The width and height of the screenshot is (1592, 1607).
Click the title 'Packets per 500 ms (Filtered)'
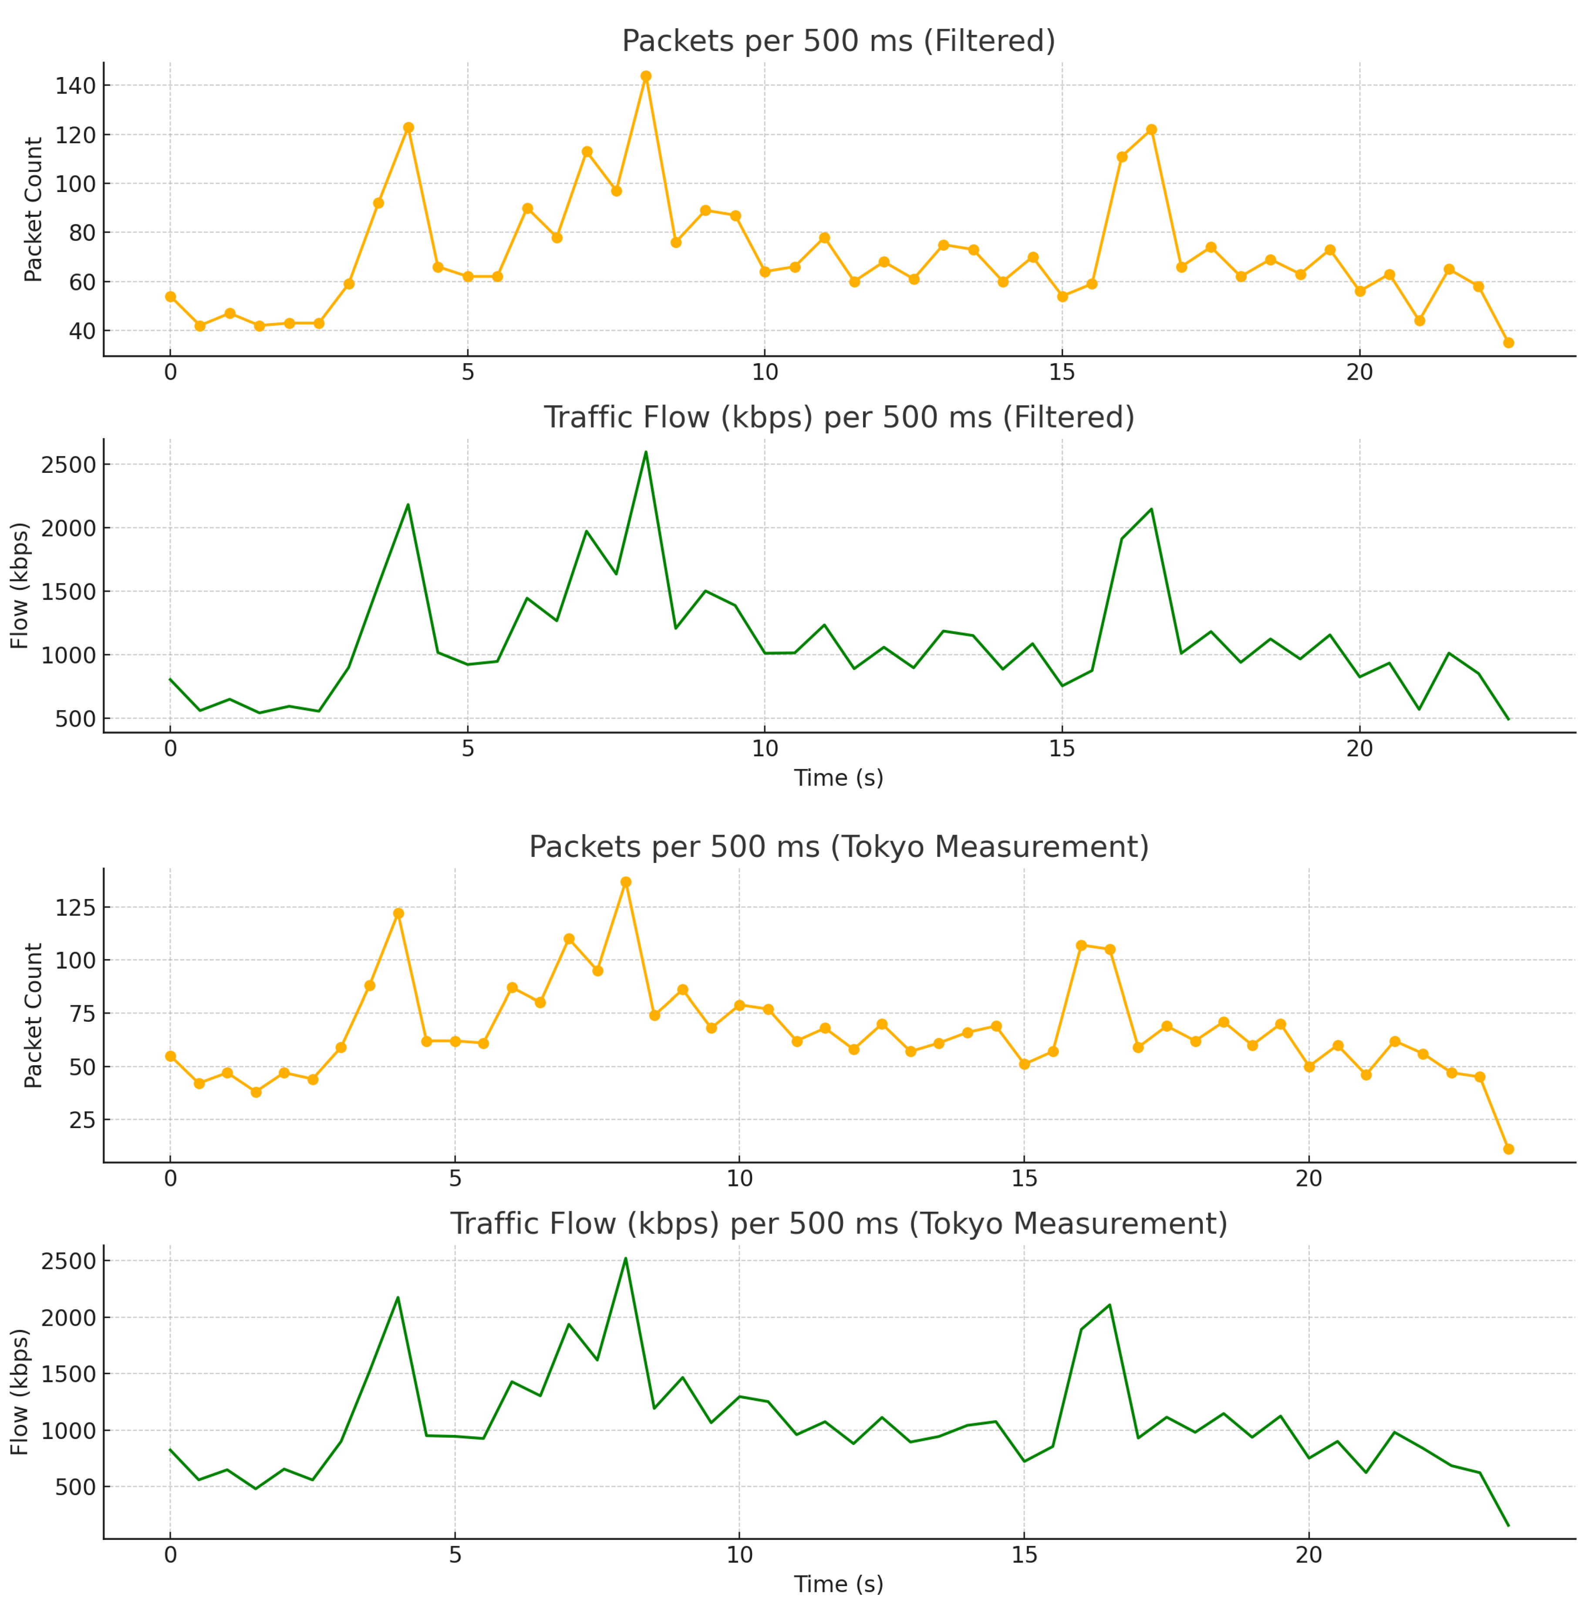click(x=838, y=41)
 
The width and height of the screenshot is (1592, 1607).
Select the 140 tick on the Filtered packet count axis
click(x=75, y=86)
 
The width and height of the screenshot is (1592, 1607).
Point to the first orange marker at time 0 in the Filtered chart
click(x=171, y=296)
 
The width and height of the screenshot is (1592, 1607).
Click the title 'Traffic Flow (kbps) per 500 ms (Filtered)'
click(x=838, y=417)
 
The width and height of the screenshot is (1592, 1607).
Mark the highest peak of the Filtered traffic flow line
click(x=645, y=452)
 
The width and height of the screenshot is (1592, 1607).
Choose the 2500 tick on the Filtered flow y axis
click(x=68, y=465)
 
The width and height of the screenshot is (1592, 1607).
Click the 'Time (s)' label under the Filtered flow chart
click(x=838, y=778)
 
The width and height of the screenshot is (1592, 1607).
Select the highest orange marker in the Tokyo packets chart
click(x=625, y=882)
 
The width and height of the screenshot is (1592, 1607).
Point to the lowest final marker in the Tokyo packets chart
click(x=1508, y=1149)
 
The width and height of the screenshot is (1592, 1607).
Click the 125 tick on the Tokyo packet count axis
click(x=75, y=907)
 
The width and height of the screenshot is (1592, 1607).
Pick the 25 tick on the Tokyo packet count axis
click(x=81, y=1119)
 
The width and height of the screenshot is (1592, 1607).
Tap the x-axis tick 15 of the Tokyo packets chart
click(x=1024, y=1179)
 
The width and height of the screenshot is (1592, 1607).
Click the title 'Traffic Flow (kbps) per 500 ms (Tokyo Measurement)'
click(x=838, y=1223)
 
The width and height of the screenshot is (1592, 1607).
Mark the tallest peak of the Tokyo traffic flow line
click(x=625, y=1259)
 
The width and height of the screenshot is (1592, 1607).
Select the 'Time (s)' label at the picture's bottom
click(x=838, y=1584)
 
